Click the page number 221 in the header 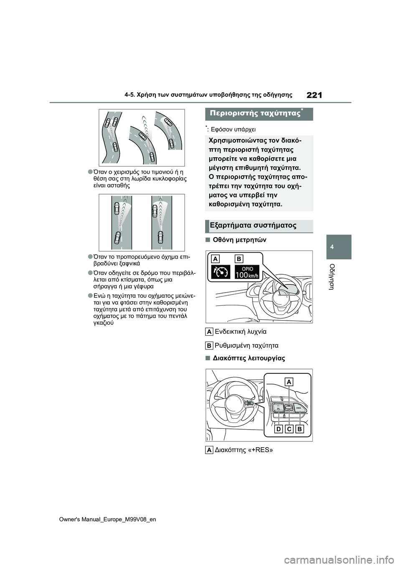coord(314,95)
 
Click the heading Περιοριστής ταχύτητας coord(255,114)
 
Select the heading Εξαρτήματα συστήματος coord(253,225)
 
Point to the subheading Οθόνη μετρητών coord(239,240)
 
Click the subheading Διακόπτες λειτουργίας coord(249,358)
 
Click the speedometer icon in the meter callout coord(220,272)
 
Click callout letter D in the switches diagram coord(278,429)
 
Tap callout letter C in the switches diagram coord(289,429)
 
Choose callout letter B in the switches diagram coord(299,429)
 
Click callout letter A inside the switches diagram coord(289,382)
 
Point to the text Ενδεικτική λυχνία coord(240,332)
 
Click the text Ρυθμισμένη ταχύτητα coord(246,345)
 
